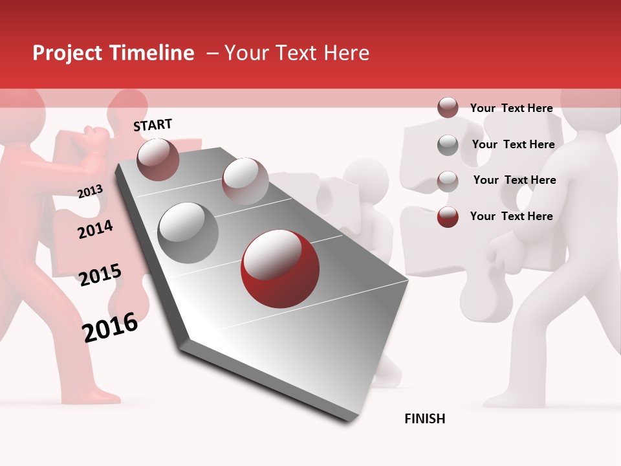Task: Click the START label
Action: pyautogui.click(x=153, y=125)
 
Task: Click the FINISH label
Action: pyautogui.click(x=425, y=419)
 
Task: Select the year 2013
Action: pyautogui.click(x=90, y=191)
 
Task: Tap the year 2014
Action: pyautogui.click(x=95, y=229)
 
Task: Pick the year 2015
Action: pyautogui.click(x=100, y=275)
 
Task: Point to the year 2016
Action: pyautogui.click(x=110, y=327)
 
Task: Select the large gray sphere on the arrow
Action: pyautogui.click(x=188, y=232)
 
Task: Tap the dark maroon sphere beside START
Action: pyautogui.click(x=158, y=159)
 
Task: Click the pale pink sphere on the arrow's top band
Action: pyautogui.click(x=245, y=181)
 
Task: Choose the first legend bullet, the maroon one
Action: pyautogui.click(x=448, y=108)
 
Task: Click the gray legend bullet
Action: pyautogui.click(x=448, y=145)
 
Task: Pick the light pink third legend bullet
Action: pyautogui.click(x=448, y=181)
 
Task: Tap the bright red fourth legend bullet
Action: pyautogui.click(x=448, y=217)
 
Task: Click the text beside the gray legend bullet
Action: pyautogui.click(x=513, y=144)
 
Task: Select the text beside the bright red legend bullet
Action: pyautogui.click(x=512, y=216)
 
